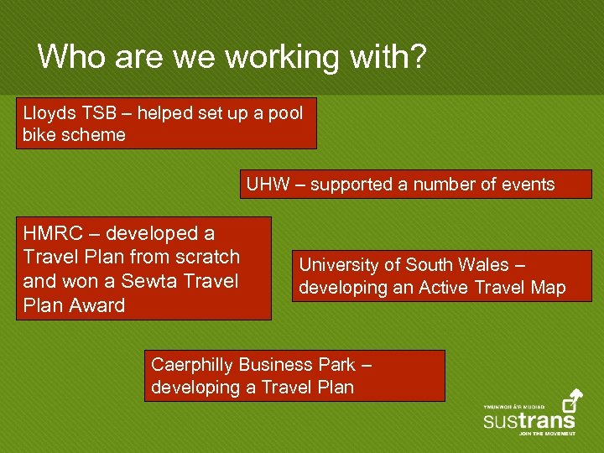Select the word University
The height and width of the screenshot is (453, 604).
pyautogui.click(x=339, y=265)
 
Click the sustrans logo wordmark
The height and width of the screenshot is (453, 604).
pyautogui.click(x=528, y=419)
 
